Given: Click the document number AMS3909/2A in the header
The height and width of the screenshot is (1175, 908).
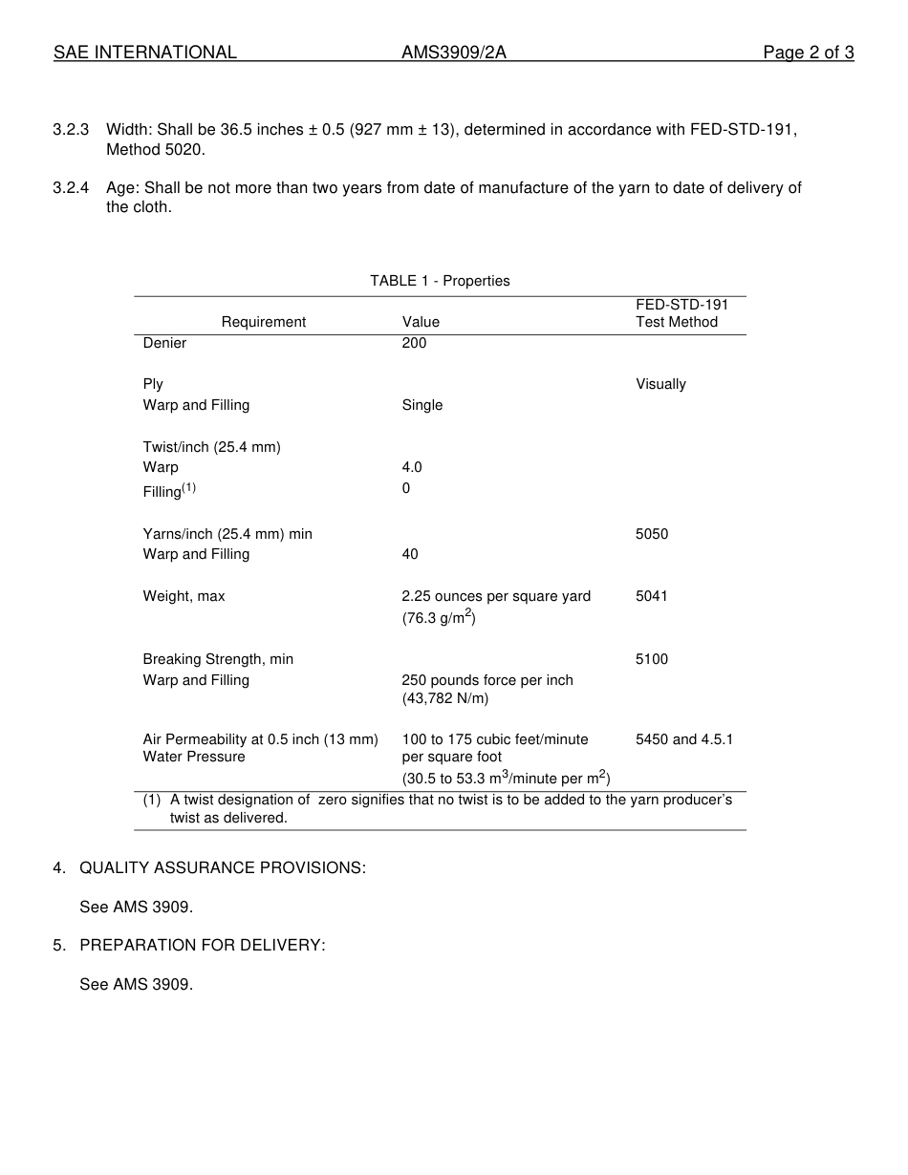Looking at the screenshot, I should tap(453, 53).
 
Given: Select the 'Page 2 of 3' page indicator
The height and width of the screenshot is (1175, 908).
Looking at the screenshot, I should tap(808, 53).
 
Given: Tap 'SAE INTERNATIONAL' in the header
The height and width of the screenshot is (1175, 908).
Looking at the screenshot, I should tap(145, 53).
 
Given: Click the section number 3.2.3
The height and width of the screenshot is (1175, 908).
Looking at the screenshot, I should tap(71, 130).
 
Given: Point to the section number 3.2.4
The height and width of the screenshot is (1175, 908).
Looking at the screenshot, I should tap(71, 188).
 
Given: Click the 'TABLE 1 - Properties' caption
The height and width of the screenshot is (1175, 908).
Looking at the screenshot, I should tap(440, 281).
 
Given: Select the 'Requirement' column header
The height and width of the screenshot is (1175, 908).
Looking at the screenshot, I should tap(264, 322).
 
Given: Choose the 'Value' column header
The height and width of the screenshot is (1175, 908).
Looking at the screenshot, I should tap(421, 322).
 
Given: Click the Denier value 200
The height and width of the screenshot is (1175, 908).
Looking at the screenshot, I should tap(414, 343).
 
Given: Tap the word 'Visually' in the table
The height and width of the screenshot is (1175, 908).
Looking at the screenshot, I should tap(660, 384).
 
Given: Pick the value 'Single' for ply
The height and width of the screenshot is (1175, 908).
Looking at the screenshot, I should tap(422, 405).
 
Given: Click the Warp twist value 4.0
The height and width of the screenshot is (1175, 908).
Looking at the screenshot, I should tap(412, 467).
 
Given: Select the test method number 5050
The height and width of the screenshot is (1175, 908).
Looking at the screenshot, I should tap(652, 534).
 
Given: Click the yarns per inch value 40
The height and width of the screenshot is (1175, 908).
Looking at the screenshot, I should tap(410, 554).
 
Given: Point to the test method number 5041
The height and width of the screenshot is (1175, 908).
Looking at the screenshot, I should tap(652, 596).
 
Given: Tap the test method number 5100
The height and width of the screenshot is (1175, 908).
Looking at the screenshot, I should tap(652, 659).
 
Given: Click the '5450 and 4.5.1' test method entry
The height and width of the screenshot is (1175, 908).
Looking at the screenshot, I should tap(684, 739).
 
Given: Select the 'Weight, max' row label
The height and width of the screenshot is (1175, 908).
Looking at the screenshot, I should tap(184, 596).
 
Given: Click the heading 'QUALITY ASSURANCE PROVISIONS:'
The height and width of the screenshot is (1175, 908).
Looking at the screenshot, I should tap(223, 868).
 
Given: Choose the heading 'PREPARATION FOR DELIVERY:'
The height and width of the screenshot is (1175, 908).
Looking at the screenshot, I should tap(203, 946).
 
